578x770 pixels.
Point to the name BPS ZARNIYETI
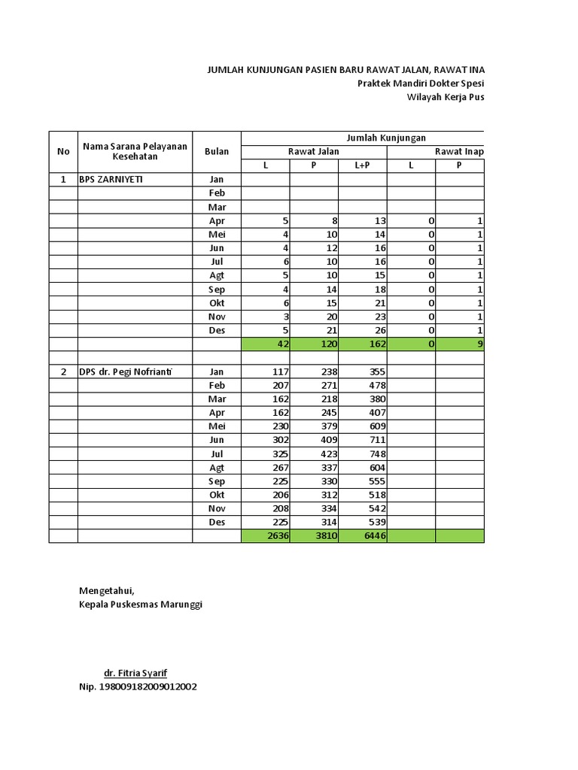click(111, 180)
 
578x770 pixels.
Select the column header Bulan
click(216, 151)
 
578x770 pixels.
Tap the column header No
click(63, 151)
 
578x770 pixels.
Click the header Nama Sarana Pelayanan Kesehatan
click(135, 151)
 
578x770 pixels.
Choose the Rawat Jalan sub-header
click(314, 152)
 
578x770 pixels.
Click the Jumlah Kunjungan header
click(385, 138)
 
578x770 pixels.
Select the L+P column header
click(362, 165)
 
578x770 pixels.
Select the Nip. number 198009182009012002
click(138, 687)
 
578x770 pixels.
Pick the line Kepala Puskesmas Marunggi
click(141, 604)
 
